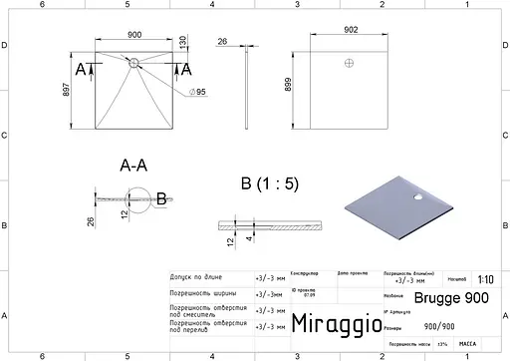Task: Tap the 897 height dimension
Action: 68,88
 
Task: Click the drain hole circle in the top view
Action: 133,62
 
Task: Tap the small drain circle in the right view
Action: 349,63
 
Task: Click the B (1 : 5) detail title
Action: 269,183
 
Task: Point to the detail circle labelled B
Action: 145,198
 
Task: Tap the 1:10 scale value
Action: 485,280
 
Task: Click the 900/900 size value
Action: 440,325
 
